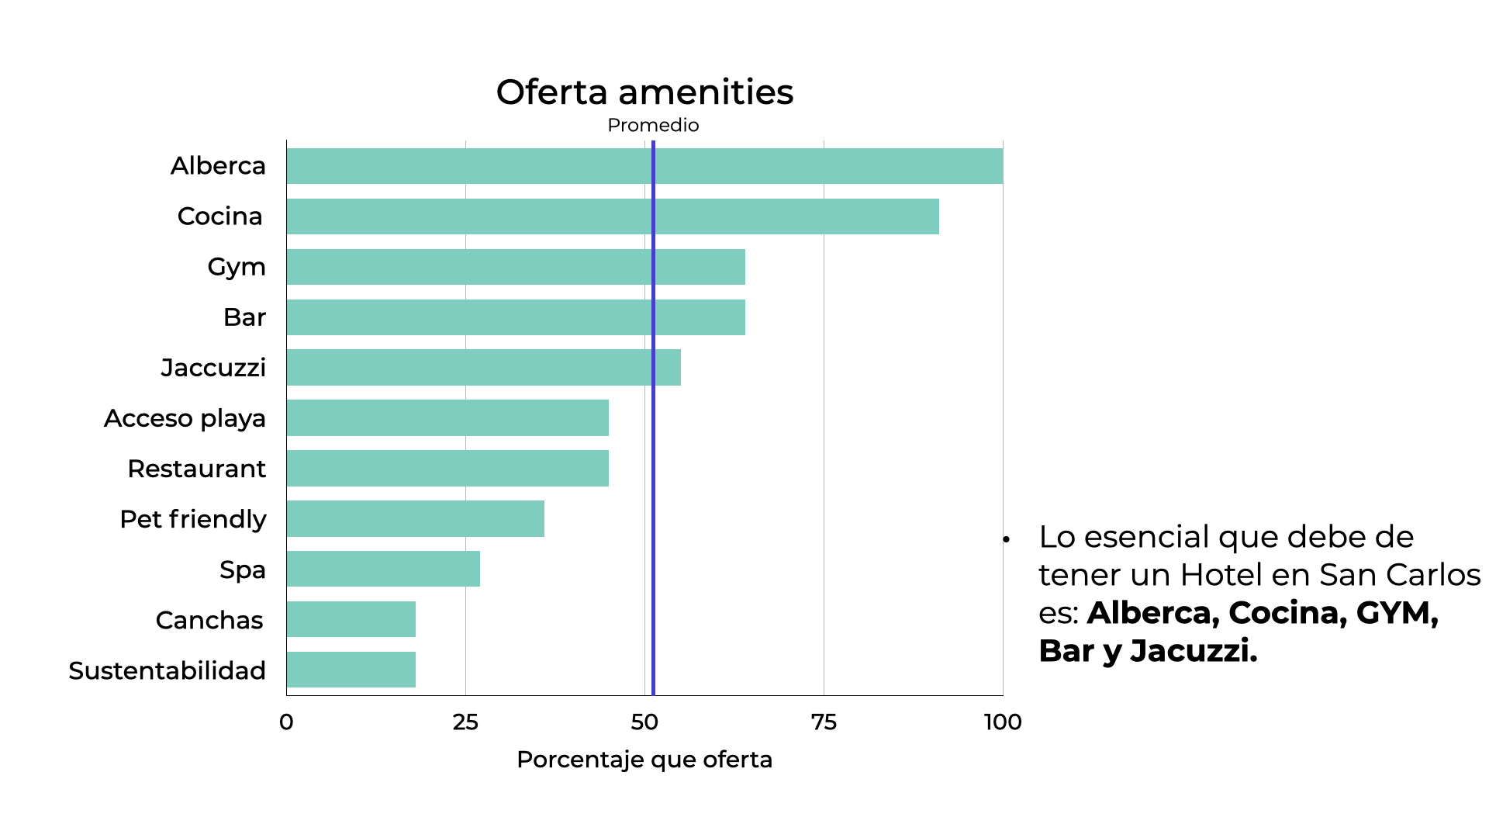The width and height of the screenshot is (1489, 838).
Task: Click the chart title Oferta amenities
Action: (x=644, y=92)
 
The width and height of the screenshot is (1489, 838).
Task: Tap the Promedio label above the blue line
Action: (x=653, y=126)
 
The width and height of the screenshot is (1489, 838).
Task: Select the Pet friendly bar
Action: (x=415, y=519)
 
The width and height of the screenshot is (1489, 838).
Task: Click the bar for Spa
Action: (x=383, y=570)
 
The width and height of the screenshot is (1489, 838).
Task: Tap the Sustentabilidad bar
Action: (x=351, y=670)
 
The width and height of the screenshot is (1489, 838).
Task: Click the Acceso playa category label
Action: (x=185, y=418)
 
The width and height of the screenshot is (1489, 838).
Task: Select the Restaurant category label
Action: (x=196, y=469)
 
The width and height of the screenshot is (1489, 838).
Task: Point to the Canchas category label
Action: (x=209, y=620)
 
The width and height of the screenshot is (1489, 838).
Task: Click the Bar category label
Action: (x=244, y=317)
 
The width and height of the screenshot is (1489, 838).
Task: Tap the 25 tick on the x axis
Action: (x=465, y=722)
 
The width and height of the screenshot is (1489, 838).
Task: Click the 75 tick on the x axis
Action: (x=824, y=722)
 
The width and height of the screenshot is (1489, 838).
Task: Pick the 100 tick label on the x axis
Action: (x=1002, y=722)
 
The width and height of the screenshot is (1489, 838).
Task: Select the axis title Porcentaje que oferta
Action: (x=644, y=760)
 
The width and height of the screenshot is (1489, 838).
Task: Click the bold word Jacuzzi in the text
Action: (x=1193, y=651)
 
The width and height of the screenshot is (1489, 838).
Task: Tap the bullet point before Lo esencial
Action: (x=1006, y=538)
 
